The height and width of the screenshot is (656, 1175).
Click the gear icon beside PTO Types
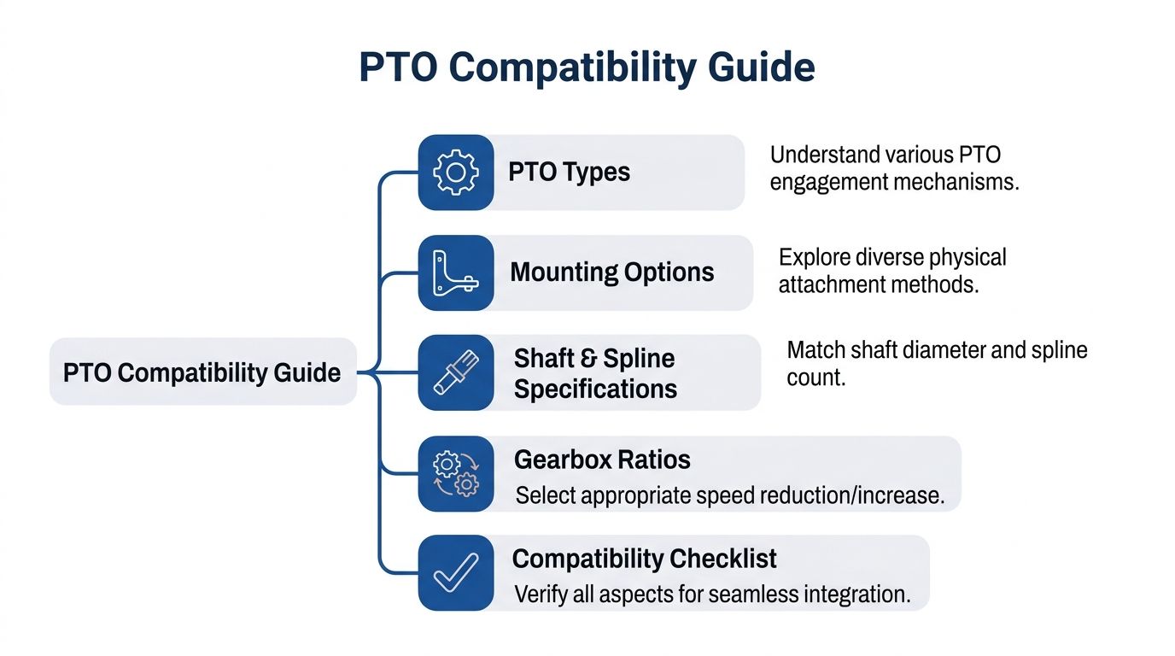pyautogui.click(x=456, y=173)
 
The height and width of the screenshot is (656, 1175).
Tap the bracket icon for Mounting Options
pyautogui.click(x=456, y=273)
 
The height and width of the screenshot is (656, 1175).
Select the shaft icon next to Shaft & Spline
pyautogui.click(x=456, y=372)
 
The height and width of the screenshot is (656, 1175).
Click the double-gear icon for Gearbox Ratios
pyautogui.click(x=456, y=474)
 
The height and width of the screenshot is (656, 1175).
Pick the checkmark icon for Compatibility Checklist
pyautogui.click(x=456, y=573)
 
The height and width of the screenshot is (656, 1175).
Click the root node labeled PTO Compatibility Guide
pyautogui.click(x=202, y=372)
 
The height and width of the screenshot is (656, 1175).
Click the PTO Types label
pyautogui.click(x=569, y=172)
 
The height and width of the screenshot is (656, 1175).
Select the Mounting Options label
pyautogui.click(x=611, y=272)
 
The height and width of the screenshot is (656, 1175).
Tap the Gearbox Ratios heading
pyautogui.click(x=602, y=460)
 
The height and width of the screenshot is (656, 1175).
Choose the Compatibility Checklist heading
pyautogui.click(x=644, y=559)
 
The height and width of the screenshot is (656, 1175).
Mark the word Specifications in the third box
pyautogui.click(x=595, y=389)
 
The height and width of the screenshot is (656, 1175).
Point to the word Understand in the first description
pyautogui.click(x=825, y=155)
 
